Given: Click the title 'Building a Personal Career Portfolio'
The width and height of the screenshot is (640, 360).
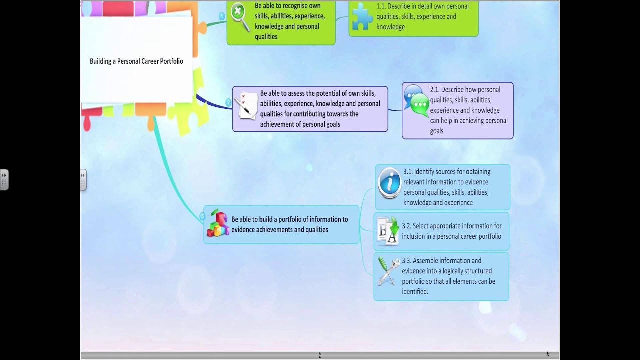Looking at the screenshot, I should tap(136, 61).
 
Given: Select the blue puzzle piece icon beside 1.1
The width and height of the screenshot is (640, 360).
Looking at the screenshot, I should tap(362, 17).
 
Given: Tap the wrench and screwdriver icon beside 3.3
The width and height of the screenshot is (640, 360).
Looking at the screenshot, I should tap(388, 271).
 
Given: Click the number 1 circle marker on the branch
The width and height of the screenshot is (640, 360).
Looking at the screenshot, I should tap(222, 16).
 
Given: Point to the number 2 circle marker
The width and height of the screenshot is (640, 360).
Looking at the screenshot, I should tap(228, 103).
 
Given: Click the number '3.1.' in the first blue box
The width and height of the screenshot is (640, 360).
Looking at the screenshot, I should tap(408, 172).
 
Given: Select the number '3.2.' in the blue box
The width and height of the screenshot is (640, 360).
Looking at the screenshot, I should tap(406, 226).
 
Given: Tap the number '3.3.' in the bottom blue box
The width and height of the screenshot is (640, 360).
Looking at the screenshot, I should tap(406, 261).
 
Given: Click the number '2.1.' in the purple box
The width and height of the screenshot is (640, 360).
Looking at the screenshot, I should tap(434, 90).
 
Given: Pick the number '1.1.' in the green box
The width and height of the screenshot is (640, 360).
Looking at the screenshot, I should tap(381, 6).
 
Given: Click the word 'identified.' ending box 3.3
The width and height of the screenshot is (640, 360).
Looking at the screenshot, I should tap(415, 292).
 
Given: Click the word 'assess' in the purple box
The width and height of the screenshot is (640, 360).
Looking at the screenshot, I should tap(298, 93).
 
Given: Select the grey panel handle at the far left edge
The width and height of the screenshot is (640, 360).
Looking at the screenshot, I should tap(4, 180).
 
